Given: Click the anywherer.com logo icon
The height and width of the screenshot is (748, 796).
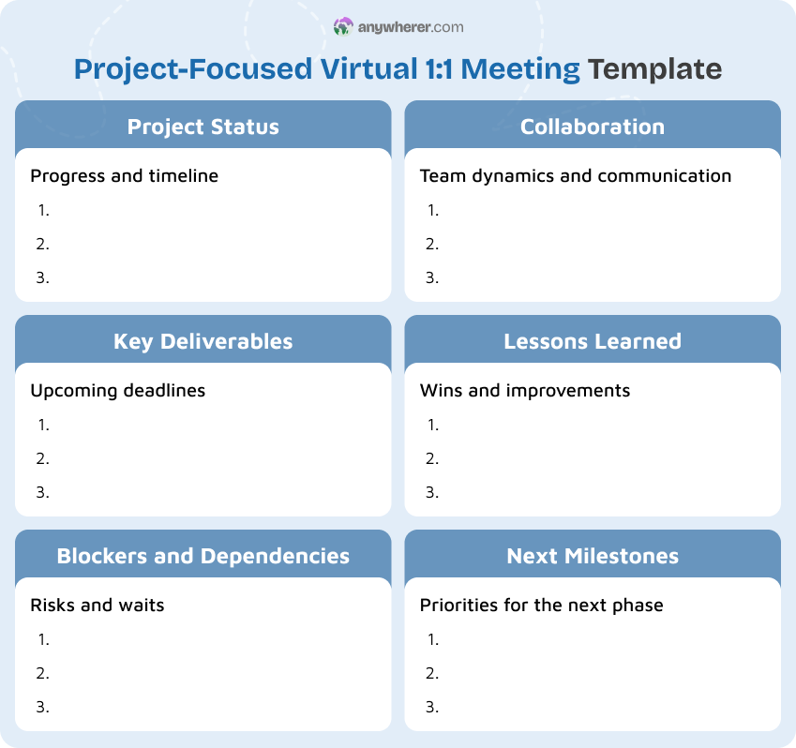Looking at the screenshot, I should point(343,27).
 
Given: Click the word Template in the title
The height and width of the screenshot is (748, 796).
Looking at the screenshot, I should point(655,69).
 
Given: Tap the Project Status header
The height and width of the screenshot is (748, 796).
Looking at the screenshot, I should point(203,127).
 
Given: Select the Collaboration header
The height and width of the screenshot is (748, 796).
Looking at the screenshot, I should point(593,127).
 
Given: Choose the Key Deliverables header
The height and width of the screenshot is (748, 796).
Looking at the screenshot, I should point(203,341).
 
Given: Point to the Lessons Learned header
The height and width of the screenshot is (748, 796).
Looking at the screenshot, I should point(593,341).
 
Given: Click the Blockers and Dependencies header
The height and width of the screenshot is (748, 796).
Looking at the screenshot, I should point(203,556).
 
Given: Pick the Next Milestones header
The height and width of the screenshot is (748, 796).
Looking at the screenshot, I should point(593,556).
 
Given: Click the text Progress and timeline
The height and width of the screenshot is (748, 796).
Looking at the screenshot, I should point(125,175).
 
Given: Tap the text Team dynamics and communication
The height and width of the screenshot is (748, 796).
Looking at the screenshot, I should point(576,175).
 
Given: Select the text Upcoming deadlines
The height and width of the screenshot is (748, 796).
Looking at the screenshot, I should point(118,390).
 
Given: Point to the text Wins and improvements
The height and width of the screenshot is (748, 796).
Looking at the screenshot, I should point(525,390).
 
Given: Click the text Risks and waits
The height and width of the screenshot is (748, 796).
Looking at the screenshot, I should point(98,605).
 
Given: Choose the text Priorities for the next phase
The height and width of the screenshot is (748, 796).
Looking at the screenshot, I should point(542,605).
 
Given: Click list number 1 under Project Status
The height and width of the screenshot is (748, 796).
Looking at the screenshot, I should point(43,210).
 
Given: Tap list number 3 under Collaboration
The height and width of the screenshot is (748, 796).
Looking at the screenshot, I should point(432,277).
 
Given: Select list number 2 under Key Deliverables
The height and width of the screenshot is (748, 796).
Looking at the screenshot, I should point(43,458).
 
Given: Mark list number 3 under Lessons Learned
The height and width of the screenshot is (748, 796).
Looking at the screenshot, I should point(432,492).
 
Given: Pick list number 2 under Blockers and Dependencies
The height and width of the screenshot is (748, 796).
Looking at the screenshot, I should point(43,673).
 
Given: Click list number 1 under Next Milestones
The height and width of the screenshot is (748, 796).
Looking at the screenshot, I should point(432,639).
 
